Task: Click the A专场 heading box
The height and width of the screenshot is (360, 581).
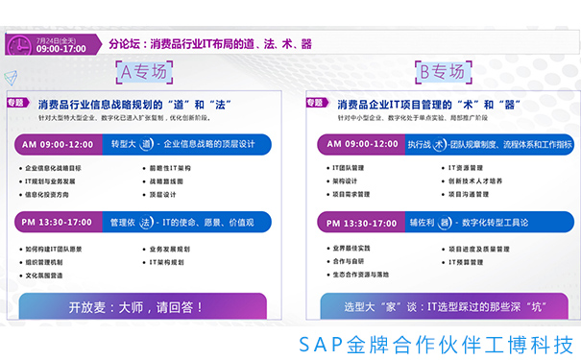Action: click(x=141, y=72)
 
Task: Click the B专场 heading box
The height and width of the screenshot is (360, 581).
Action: click(x=439, y=72)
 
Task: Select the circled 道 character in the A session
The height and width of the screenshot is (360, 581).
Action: click(x=146, y=144)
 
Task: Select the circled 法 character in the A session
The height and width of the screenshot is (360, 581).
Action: click(x=145, y=222)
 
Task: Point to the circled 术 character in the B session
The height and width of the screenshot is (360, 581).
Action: click(x=439, y=144)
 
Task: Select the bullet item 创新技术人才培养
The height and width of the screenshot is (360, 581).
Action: click(x=478, y=180)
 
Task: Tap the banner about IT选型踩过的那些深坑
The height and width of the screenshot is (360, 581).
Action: click(x=440, y=308)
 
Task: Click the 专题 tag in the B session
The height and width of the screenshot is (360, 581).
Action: click(x=318, y=101)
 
